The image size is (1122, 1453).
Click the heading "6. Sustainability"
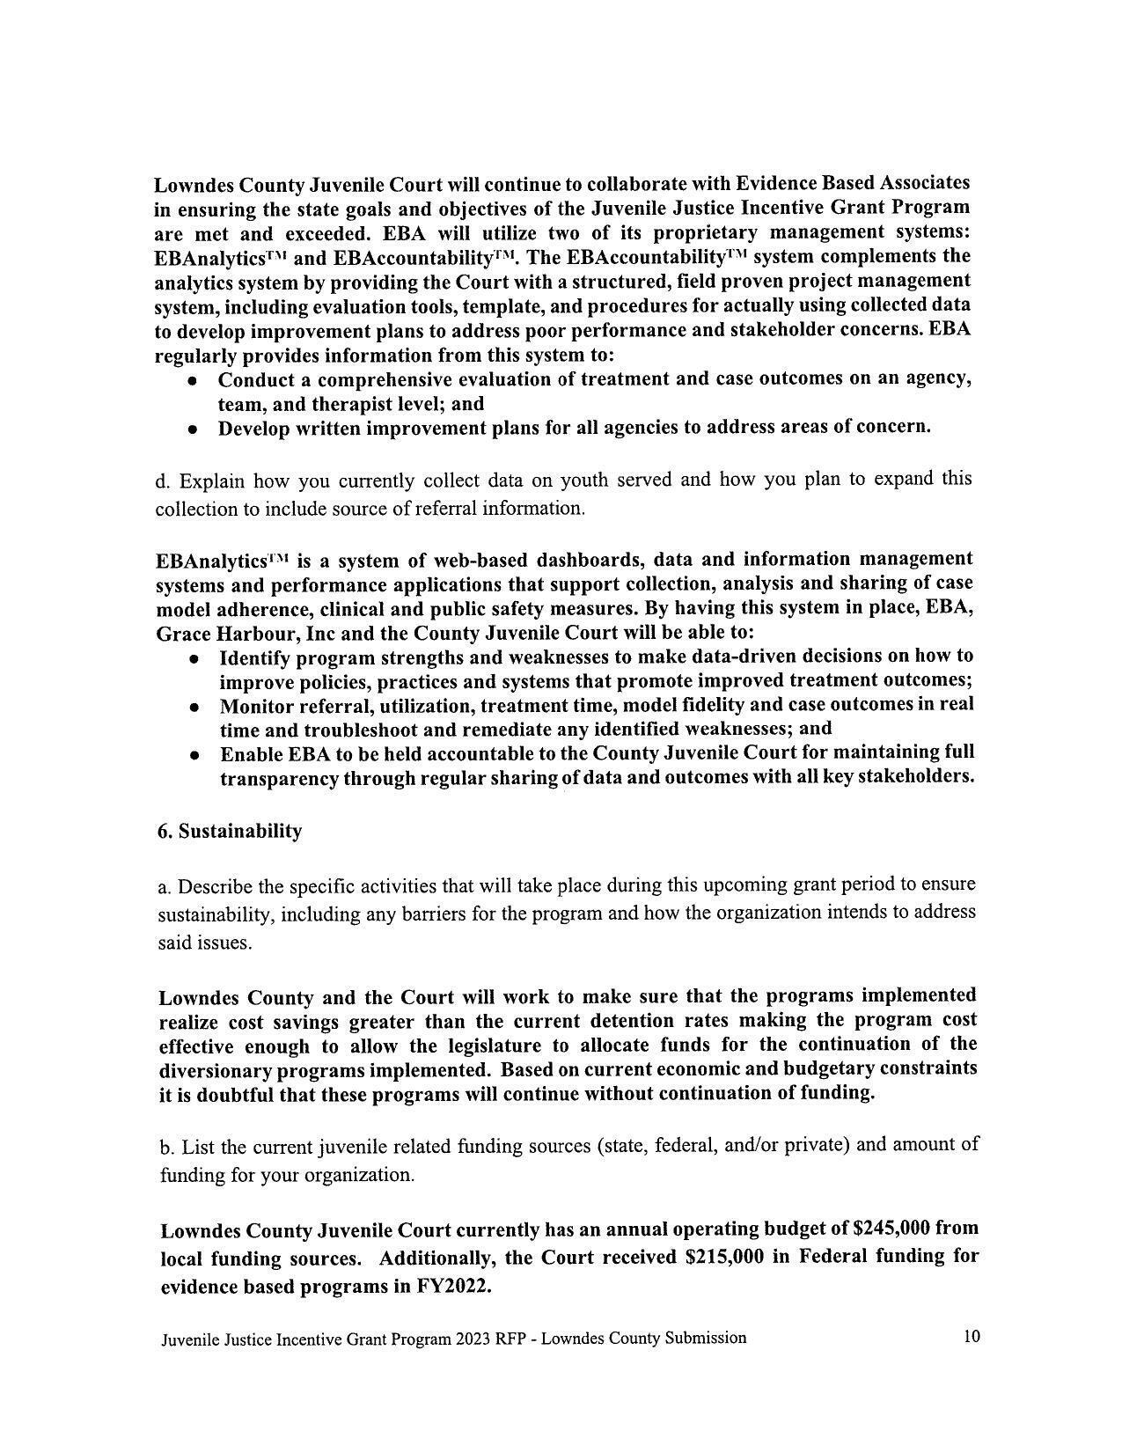pyautogui.click(x=230, y=832)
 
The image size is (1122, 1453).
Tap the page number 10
pyautogui.click(x=972, y=1337)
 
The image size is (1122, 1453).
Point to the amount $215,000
pyautogui.click(x=724, y=1258)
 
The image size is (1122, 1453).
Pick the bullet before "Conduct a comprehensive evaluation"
pyautogui.click(x=192, y=381)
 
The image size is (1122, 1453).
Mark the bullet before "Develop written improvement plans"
pyautogui.click(x=192, y=429)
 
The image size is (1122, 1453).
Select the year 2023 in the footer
pyautogui.click(x=473, y=1339)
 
